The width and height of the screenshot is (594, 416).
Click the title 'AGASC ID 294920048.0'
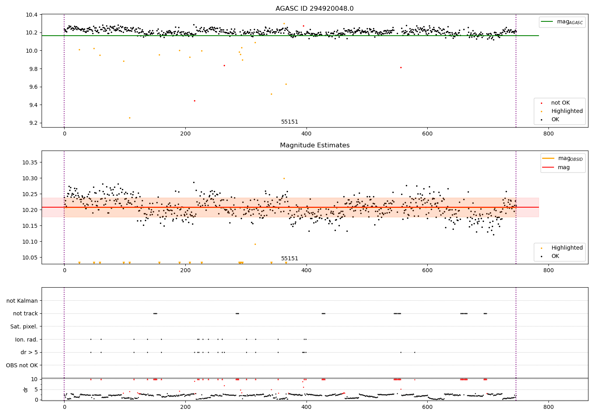(x=314, y=9)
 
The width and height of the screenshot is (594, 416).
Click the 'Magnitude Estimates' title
(x=314, y=145)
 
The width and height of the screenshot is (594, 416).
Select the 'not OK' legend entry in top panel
(x=560, y=103)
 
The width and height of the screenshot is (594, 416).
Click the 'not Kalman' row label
(x=22, y=301)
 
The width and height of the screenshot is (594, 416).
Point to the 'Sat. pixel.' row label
(x=24, y=326)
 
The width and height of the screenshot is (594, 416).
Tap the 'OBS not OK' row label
(x=22, y=365)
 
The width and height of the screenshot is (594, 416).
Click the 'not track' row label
(x=25, y=313)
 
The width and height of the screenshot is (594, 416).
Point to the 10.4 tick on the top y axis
(x=32, y=15)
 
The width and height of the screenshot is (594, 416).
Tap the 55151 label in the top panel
(x=289, y=122)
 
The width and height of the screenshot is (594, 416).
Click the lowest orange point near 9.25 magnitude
(x=129, y=118)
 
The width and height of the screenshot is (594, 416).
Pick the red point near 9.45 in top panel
(x=194, y=101)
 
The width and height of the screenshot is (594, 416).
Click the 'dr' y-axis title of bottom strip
(x=26, y=389)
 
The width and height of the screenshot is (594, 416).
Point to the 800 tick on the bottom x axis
(x=548, y=407)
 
